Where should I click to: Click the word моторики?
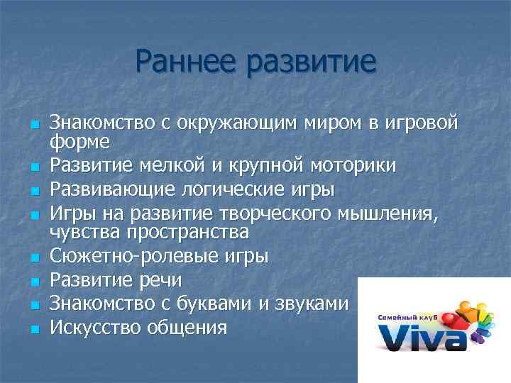tap(357, 166)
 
